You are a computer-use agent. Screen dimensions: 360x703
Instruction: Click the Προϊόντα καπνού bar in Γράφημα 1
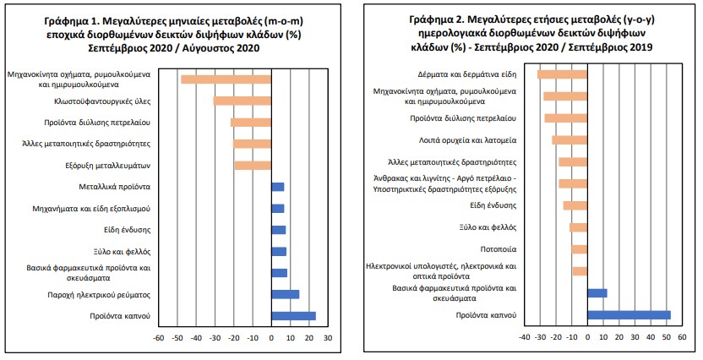tap(293, 316)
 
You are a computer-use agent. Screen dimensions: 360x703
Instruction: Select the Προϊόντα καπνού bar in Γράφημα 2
tap(629, 315)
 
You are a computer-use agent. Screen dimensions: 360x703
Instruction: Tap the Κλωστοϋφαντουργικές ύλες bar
tap(242, 101)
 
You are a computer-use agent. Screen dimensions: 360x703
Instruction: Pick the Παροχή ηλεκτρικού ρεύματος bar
tap(285, 294)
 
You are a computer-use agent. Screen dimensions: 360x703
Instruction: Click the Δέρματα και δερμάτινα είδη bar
tap(562, 74)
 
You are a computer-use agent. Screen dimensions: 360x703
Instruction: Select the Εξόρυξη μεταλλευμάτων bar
tap(253, 165)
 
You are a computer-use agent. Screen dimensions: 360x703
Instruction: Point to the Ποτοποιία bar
tap(579, 249)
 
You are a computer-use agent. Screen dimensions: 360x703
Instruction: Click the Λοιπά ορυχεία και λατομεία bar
tap(569, 139)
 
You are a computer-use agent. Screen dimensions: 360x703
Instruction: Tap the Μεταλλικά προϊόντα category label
tap(115, 186)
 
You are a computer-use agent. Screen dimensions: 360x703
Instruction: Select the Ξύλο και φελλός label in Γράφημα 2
tap(487, 227)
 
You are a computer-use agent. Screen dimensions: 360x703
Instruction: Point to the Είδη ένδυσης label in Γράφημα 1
tap(128, 229)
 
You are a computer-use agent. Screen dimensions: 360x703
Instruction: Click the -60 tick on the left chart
tap(158, 338)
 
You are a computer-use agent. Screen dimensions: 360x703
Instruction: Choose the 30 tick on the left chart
tap(328, 338)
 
